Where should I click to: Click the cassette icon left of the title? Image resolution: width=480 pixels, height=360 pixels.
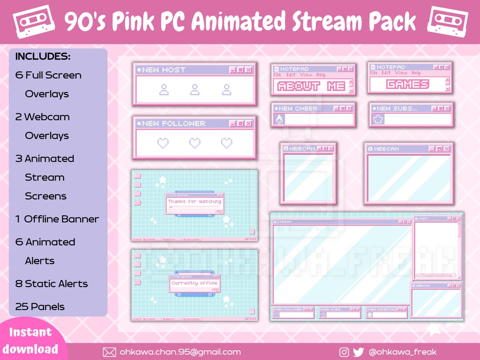pyautogui.click(x=34, y=21)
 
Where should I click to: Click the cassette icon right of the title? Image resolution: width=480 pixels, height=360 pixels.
pyautogui.click(x=448, y=21)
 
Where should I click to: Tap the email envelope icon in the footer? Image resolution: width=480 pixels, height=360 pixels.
pyautogui.click(x=109, y=352)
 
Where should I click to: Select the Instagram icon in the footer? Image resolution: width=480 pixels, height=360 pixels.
pyautogui.click(x=344, y=352)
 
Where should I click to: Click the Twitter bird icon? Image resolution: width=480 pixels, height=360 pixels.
pyautogui.click(x=358, y=352)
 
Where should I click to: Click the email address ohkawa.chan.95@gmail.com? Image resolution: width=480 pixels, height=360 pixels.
pyautogui.click(x=180, y=352)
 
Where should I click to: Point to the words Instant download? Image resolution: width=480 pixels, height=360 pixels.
pyautogui.click(x=31, y=340)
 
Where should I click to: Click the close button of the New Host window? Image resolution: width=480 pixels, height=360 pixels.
pyautogui.click(x=248, y=70)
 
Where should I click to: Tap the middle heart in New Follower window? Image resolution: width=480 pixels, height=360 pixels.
pyautogui.click(x=195, y=143)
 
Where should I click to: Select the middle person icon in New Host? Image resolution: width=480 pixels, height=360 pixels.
pyautogui.click(x=195, y=90)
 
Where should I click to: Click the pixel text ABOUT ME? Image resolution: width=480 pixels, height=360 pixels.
pyautogui.click(x=311, y=86)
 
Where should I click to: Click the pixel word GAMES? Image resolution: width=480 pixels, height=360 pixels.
pyautogui.click(x=408, y=84)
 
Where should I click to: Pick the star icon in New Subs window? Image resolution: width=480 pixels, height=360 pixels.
pyautogui.click(x=378, y=119)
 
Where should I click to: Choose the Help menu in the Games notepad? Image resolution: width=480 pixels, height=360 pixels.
pyautogui.click(x=416, y=73)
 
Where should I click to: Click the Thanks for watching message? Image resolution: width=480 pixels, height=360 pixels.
pyautogui.click(x=194, y=202)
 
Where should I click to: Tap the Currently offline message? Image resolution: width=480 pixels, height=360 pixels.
pyautogui.click(x=194, y=283)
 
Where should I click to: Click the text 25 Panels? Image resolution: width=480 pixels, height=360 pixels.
pyautogui.click(x=40, y=307)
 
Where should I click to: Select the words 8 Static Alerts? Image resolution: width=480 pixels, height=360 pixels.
pyautogui.click(x=52, y=284)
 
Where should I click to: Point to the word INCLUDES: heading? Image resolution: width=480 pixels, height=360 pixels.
pyautogui.click(x=43, y=57)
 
